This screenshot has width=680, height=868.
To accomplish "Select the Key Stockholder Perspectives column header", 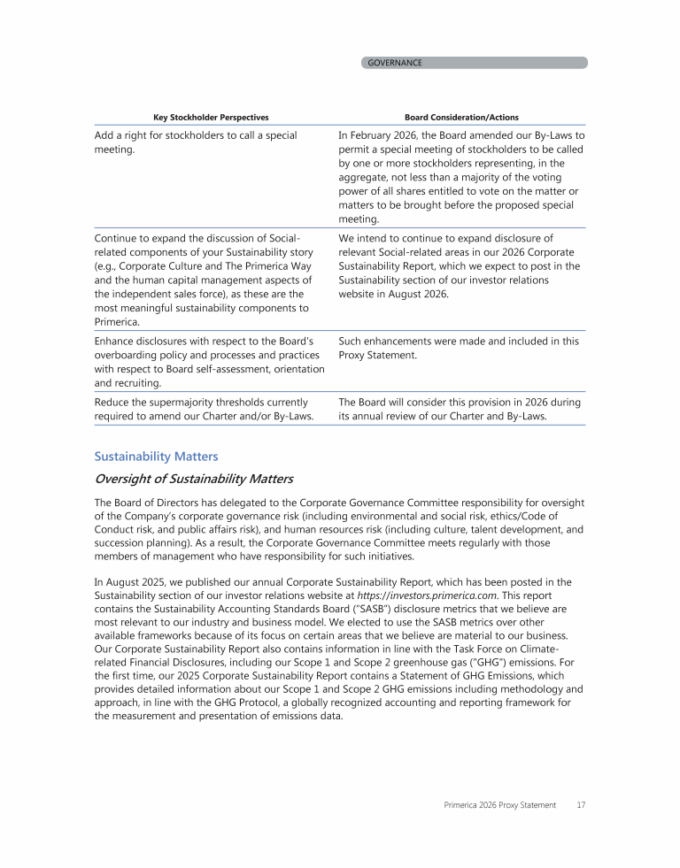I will click(x=211, y=117).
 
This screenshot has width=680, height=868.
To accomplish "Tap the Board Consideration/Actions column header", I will click(x=461, y=117).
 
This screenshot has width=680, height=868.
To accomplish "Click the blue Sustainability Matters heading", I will click(x=156, y=457).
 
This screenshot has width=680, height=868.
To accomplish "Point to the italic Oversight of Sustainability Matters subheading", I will click(x=193, y=480).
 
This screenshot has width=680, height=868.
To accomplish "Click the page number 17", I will click(x=580, y=805).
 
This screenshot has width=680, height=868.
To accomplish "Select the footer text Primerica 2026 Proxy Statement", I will click(x=499, y=805).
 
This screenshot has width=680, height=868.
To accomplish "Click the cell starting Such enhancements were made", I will click(x=459, y=347).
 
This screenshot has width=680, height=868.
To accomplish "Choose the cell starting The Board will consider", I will click(x=460, y=409).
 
